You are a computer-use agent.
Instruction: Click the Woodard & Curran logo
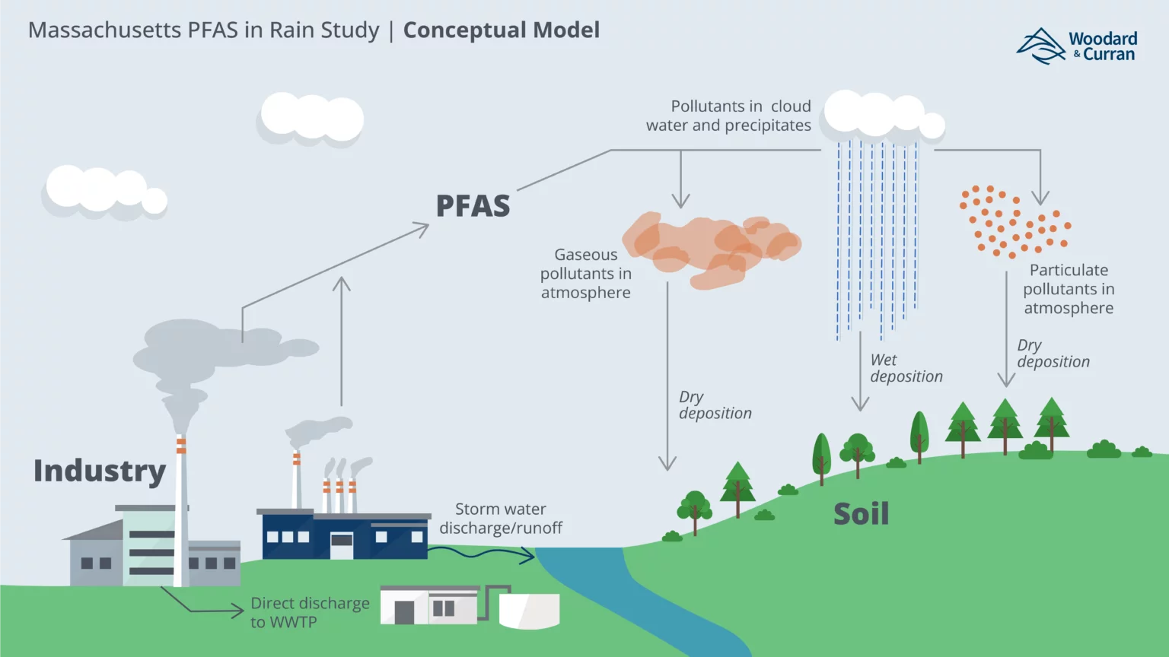click(x=1076, y=46)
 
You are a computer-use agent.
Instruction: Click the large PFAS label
click(x=473, y=206)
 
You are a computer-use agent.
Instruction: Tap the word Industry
click(x=100, y=471)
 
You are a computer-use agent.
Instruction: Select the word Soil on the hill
click(x=861, y=515)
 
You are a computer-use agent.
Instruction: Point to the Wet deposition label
click(x=906, y=368)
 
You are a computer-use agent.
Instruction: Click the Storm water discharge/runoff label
click(x=501, y=519)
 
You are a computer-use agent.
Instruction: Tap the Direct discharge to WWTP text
click(x=309, y=612)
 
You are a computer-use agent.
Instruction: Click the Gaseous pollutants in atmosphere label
click(x=586, y=274)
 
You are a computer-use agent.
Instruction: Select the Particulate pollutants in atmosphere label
click(x=1068, y=289)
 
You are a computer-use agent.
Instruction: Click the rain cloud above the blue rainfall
click(x=883, y=116)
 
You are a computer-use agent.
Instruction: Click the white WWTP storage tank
click(x=529, y=610)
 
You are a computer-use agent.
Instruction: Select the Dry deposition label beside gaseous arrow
click(x=714, y=405)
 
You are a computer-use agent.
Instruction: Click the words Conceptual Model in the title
click(x=501, y=30)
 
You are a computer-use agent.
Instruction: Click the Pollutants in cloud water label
click(x=728, y=116)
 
